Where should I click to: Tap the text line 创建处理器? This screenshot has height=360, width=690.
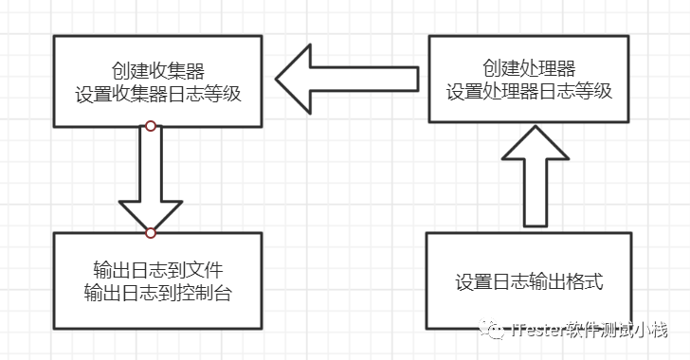(x=529, y=67)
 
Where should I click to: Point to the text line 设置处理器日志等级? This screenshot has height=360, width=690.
(x=529, y=92)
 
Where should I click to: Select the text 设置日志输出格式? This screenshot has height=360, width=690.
(x=529, y=281)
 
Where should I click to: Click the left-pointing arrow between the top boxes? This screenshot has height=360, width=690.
(x=346, y=79)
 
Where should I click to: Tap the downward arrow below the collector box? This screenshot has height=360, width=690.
(x=151, y=180)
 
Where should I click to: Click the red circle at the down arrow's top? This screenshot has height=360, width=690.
(x=151, y=125)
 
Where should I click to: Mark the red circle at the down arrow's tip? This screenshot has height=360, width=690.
(x=151, y=232)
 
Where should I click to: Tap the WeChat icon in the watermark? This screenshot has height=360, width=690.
(x=492, y=330)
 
